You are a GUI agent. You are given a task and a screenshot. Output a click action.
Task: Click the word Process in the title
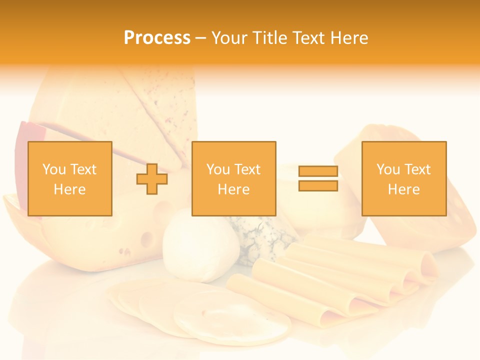[157, 38]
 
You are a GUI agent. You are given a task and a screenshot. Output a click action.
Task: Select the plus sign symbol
[152, 179]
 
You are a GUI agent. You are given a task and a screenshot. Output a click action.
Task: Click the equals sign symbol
[318, 178]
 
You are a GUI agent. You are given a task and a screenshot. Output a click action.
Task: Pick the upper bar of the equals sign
[318, 171]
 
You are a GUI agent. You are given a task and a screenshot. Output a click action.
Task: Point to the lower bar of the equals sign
[318, 185]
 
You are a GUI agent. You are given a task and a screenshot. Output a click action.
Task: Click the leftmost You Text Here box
[70, 178]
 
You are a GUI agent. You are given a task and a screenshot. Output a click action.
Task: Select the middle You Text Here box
[233, 178]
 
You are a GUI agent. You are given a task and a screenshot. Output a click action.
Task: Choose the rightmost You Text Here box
[403, 178]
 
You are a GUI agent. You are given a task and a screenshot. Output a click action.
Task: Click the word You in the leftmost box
[53, 169]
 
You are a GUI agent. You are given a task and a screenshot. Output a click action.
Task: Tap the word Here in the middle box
[233, 189]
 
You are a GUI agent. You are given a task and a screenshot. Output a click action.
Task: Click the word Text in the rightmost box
[416, 169]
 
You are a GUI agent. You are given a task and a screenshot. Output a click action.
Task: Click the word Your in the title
[230, 38]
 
